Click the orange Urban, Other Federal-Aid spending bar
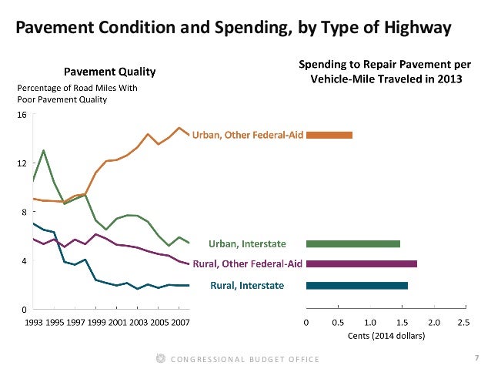(329, 135)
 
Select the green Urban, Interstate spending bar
(353, 244)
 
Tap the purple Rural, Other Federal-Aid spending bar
(362, 263)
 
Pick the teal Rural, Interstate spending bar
(357, 286)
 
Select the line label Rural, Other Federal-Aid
(242, 264)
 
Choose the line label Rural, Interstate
(247, 286)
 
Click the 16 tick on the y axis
(22, 114)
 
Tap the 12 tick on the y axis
(22, 163)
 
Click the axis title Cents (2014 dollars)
(386, 336)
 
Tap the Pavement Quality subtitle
(119, 72)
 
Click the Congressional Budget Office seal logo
(160, 358)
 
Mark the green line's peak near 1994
(43, 150)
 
